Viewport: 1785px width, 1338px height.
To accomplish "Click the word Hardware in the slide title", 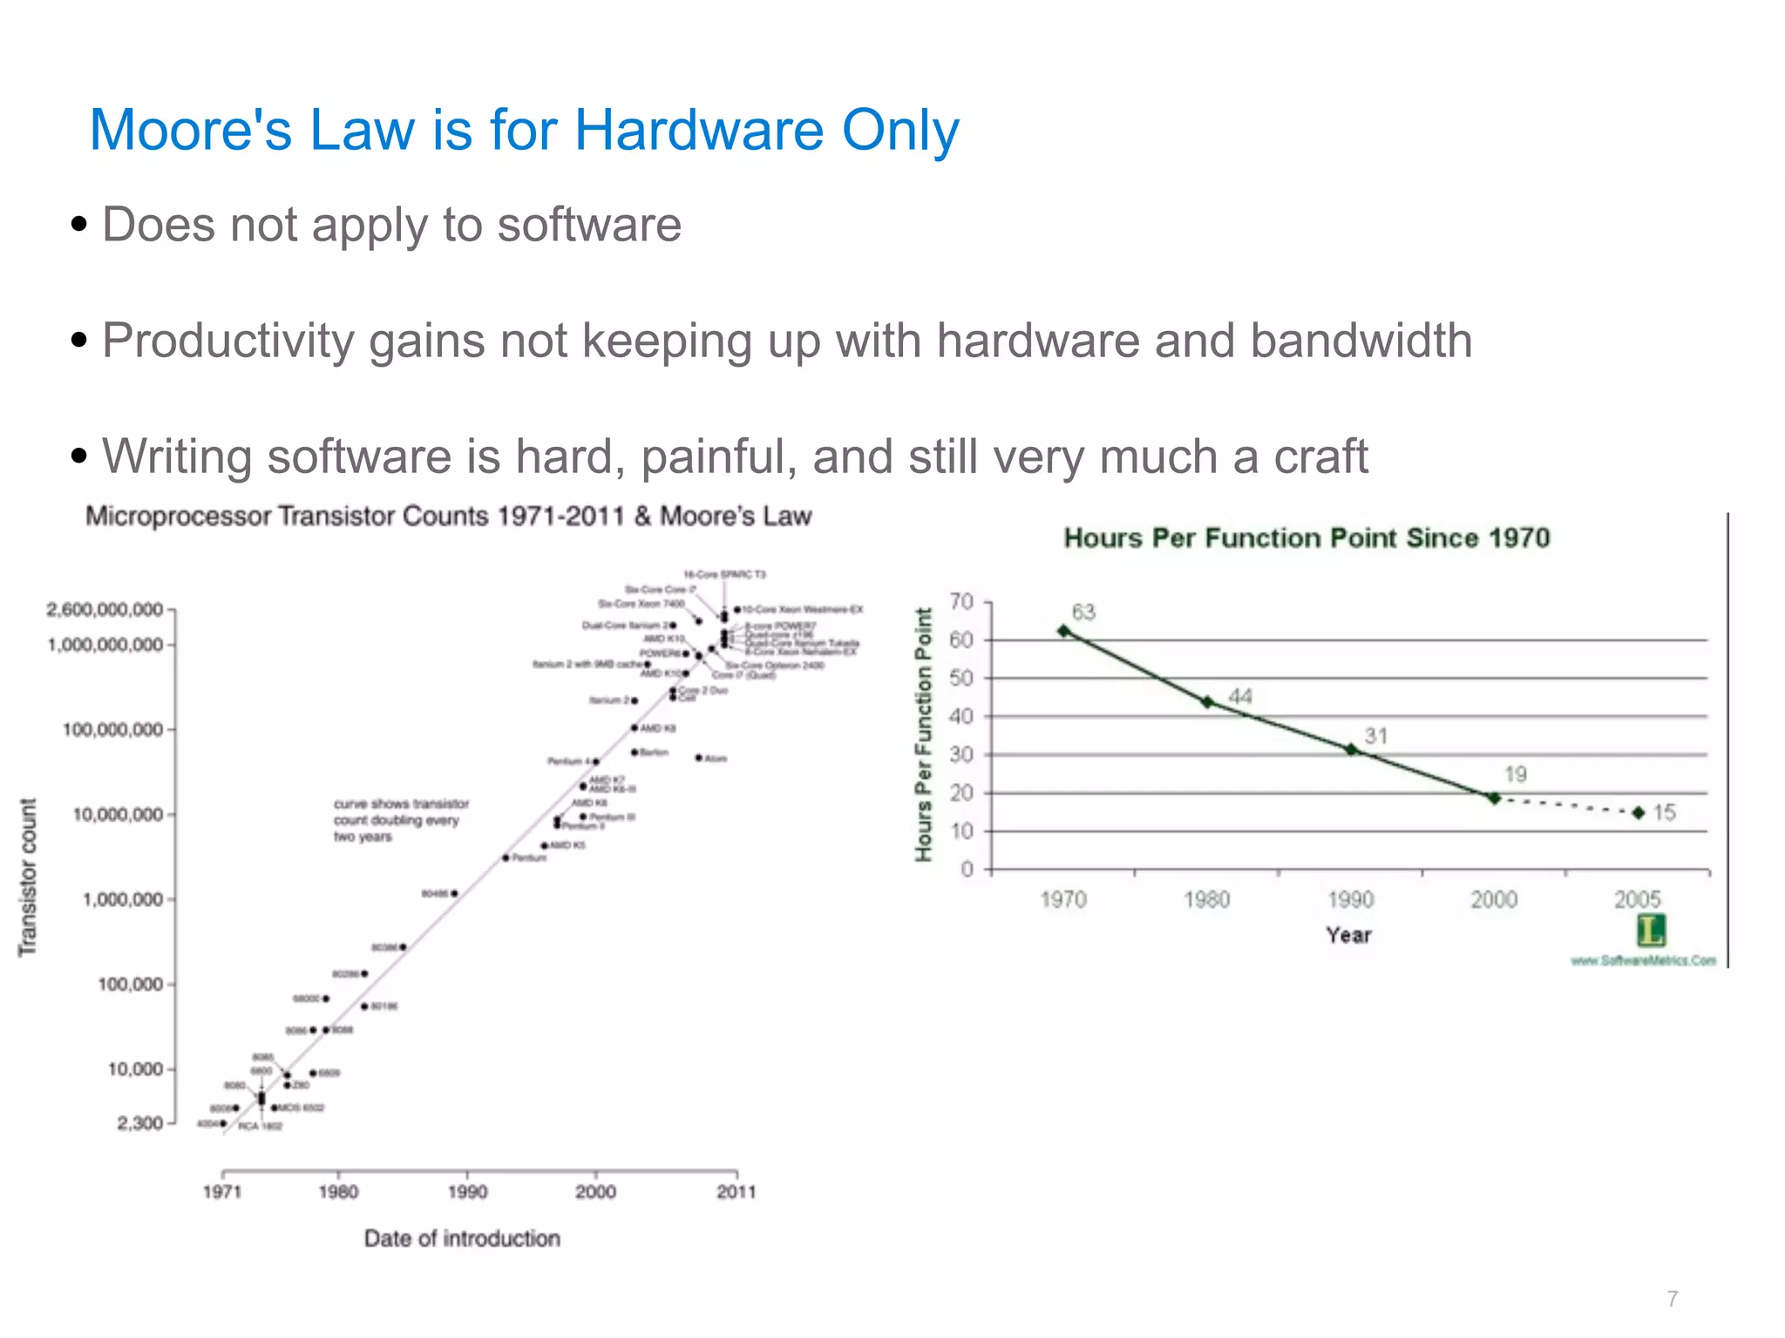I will pos(700,131).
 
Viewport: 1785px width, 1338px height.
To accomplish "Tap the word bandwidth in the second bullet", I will pos(1361,341).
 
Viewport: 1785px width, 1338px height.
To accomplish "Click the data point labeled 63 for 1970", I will pos(1063,631).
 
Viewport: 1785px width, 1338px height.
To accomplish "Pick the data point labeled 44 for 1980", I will pos(1207,701).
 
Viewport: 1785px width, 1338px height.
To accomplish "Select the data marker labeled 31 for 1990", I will pos(1351,749).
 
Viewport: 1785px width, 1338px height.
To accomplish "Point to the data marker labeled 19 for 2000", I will pos(1494,797).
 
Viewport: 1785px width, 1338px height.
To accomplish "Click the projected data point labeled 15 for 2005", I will pos(1639,813).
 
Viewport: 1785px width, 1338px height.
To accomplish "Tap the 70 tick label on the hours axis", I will pos(961,602).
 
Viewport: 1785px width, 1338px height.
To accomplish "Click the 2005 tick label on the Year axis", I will pos(1638,899).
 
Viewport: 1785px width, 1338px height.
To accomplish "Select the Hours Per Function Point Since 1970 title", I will pos(1307,538).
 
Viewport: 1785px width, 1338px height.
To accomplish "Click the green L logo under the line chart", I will pos(1651,930).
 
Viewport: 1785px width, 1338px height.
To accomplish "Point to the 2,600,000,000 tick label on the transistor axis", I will pos(105,610).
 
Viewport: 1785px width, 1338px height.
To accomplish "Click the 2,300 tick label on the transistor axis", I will pos(140,1123).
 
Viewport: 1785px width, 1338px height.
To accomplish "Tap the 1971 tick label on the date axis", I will pos(222,1192).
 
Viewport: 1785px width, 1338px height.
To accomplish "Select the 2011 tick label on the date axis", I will pos(736,1192).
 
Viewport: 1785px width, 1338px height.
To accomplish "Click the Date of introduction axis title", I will pos(462,1239).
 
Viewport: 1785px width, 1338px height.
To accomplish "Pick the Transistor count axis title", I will pos(28,877).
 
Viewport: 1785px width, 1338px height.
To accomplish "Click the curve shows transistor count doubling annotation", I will pos(400,820).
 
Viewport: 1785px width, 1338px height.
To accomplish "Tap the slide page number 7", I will pos(1672,1299).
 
